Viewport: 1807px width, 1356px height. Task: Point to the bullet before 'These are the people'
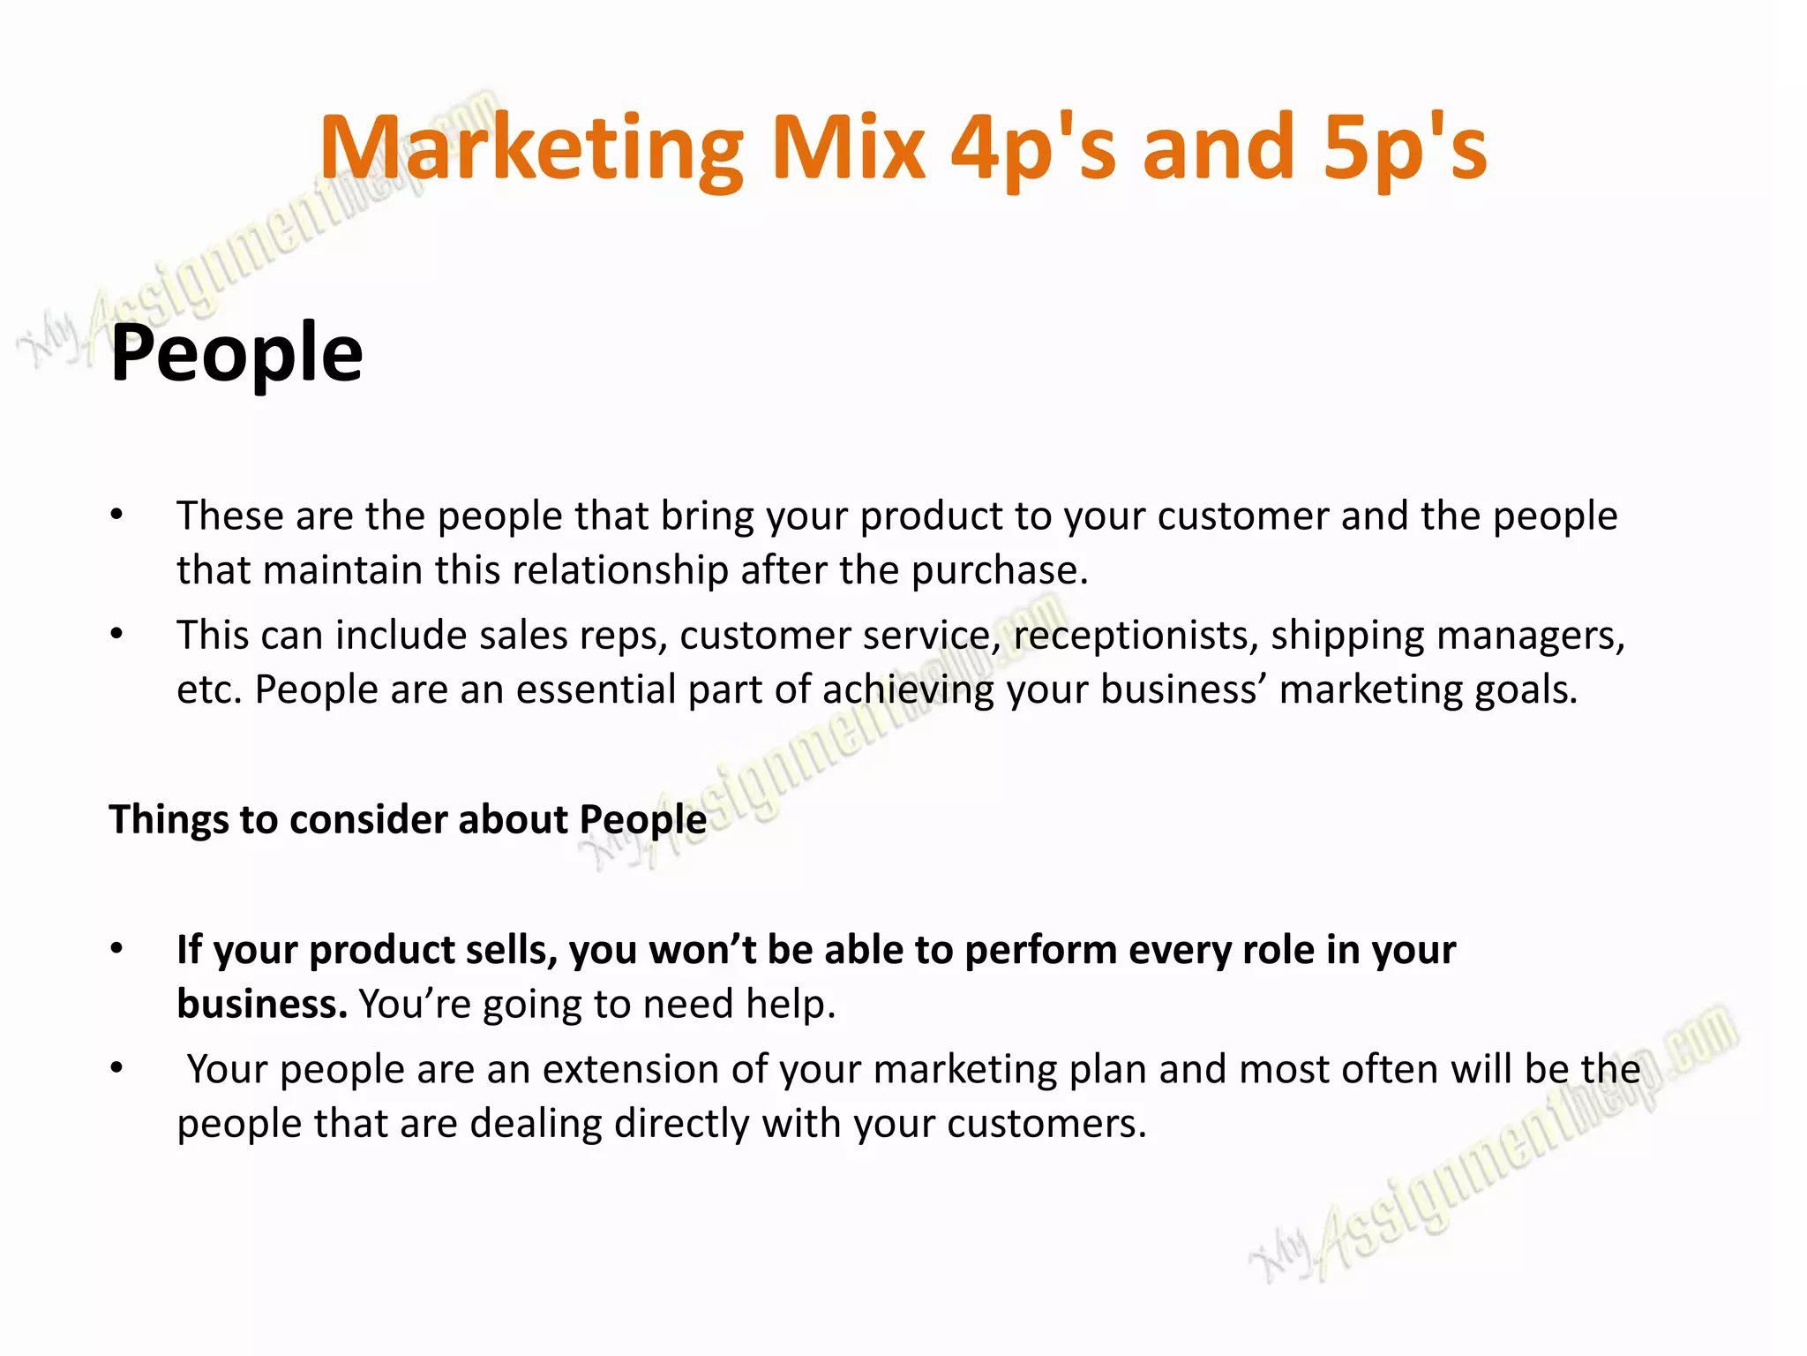pyautogui.click(x=116, y=516)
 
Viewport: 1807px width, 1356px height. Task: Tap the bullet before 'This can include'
pyautogui.click(x=116, y=635)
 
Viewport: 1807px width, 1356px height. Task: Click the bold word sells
pyautogui.click(x=512, y=951)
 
